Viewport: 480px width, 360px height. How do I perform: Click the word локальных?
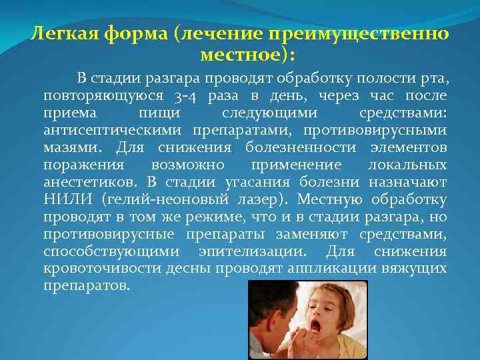(x=407, y=164)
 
